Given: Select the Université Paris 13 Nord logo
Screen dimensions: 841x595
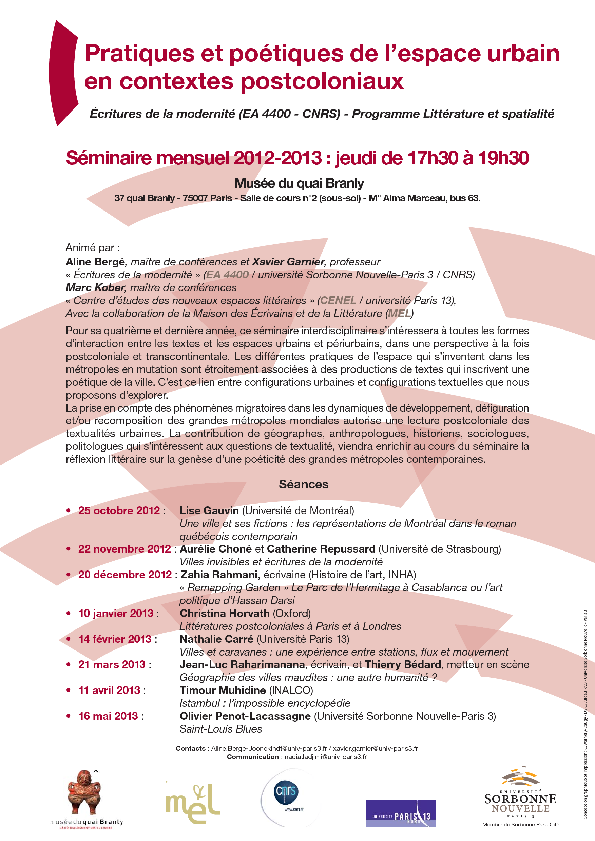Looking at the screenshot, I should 400,813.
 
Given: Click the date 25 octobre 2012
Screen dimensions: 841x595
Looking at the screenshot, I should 119,510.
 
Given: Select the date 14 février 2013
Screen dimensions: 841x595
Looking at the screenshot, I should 115,639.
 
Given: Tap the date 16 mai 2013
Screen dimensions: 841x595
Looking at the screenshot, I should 108,716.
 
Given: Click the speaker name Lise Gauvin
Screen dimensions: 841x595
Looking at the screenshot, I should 209,510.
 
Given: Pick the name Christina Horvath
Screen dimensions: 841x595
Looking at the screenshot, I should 224,613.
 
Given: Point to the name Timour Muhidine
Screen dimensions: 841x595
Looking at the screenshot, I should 223,690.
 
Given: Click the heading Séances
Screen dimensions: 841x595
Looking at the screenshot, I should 304,484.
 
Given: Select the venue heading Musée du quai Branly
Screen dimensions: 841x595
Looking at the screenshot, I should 299,183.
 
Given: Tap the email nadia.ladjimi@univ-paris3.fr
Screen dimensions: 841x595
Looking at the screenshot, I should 326,757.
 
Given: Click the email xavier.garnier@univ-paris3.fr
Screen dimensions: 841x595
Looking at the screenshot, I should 376,749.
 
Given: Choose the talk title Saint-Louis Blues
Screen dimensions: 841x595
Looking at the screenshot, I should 221,729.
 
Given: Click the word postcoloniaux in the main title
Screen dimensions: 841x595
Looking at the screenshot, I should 323,81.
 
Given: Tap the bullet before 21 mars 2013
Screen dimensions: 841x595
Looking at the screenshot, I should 68,664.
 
